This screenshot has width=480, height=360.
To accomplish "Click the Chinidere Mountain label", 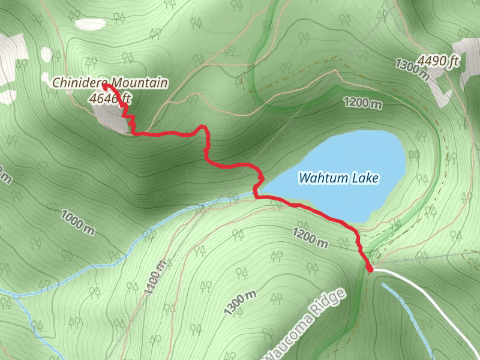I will tap(110, 83).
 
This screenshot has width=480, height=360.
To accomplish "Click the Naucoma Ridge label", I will tap(306, 324).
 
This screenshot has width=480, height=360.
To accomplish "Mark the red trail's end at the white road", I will tap(370, 269).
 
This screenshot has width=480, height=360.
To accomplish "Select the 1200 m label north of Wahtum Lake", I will tap(363, 103).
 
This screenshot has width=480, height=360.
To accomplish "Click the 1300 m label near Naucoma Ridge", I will tap(240, 303).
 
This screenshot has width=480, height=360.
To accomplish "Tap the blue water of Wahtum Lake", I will tap(360, 150).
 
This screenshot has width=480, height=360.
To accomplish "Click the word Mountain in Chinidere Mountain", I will tap(143, 83).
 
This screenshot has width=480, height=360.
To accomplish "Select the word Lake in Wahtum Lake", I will tap(370, 178).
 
